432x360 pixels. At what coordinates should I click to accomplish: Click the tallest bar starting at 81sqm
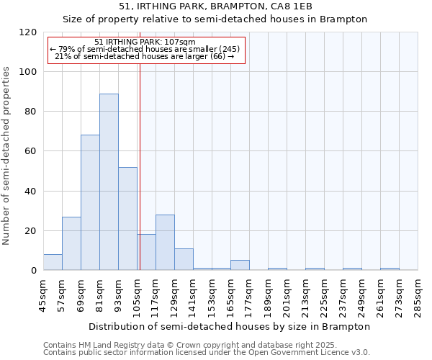pyautogui.click(x=109, y=181)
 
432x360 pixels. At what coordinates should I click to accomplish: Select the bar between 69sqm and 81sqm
pyautogui.click(x=90, y=202)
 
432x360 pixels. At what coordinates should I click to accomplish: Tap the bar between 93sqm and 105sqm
pyautogui.click(x=127, y=218)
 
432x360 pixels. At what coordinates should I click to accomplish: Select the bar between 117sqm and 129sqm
pyautogui.click(x=165, y=243)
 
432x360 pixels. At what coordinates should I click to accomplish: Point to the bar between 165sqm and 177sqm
pyautogui.click(x=240, y=265)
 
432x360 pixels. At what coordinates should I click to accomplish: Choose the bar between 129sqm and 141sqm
pyautogui.click(x=184, y=259)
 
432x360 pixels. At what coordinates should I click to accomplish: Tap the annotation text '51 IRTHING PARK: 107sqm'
pyautogui.click(x=145, y=42)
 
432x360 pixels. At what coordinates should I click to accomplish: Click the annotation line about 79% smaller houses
pyautogui.click(x=145, y=50)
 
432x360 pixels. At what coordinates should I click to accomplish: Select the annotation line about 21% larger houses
pyautogui.click(x=145, y=57)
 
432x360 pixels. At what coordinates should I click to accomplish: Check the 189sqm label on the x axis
pyautogui.click(x=269, y=294)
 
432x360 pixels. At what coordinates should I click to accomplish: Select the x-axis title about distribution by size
pyautogui.click(x=230, y=326)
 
